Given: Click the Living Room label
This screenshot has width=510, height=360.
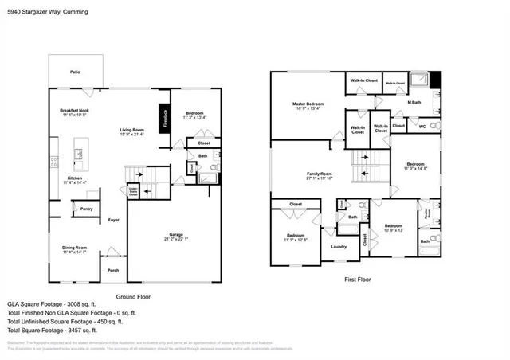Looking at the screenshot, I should click(x=131, y=129).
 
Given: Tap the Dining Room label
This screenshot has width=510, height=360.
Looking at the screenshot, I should click(x=74, y=249).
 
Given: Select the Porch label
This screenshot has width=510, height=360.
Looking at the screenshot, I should click(x=113, y=270).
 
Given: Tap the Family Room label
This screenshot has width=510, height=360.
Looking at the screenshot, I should click(x=319, y=175).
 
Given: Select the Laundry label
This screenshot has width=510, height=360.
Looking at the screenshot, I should click(x=339, y=246).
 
